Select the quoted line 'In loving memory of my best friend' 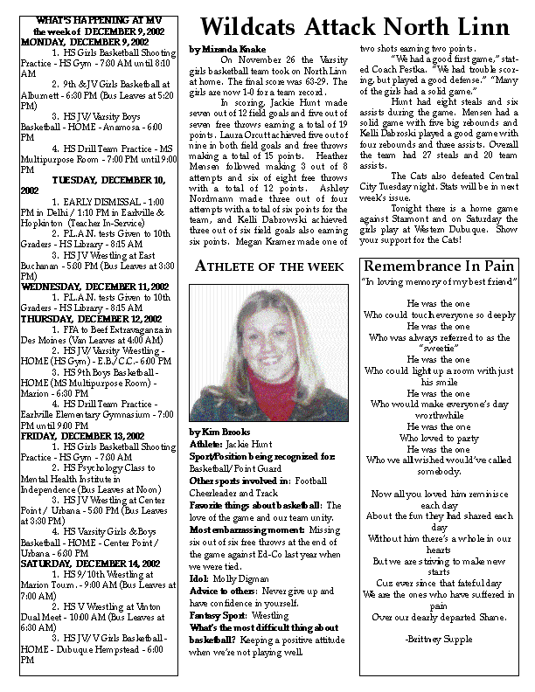(x=440, y=283)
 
